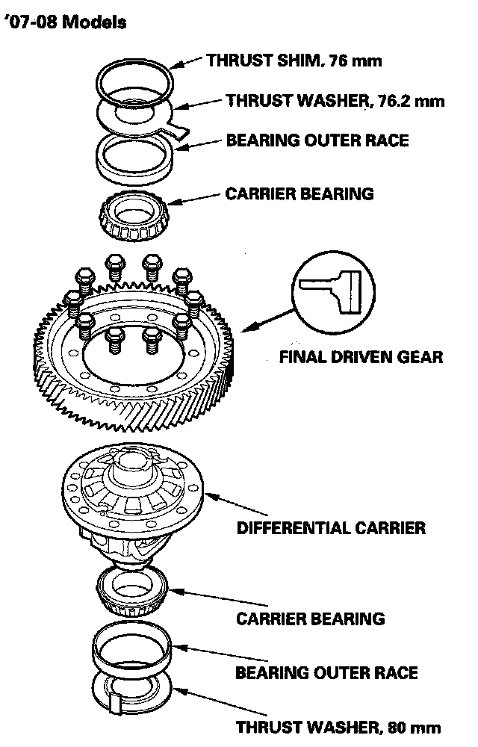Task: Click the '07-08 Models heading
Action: pos(63,22)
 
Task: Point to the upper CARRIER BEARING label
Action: pos(299,194)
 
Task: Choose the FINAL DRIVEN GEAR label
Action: pos(361,356)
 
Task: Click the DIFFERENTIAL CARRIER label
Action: pos(331,527)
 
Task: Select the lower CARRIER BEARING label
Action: pos(310,618)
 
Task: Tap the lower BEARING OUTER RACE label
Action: pos(326,672)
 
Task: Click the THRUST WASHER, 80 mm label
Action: pos(338,726)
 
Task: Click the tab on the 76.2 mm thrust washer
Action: pos(177,129)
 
